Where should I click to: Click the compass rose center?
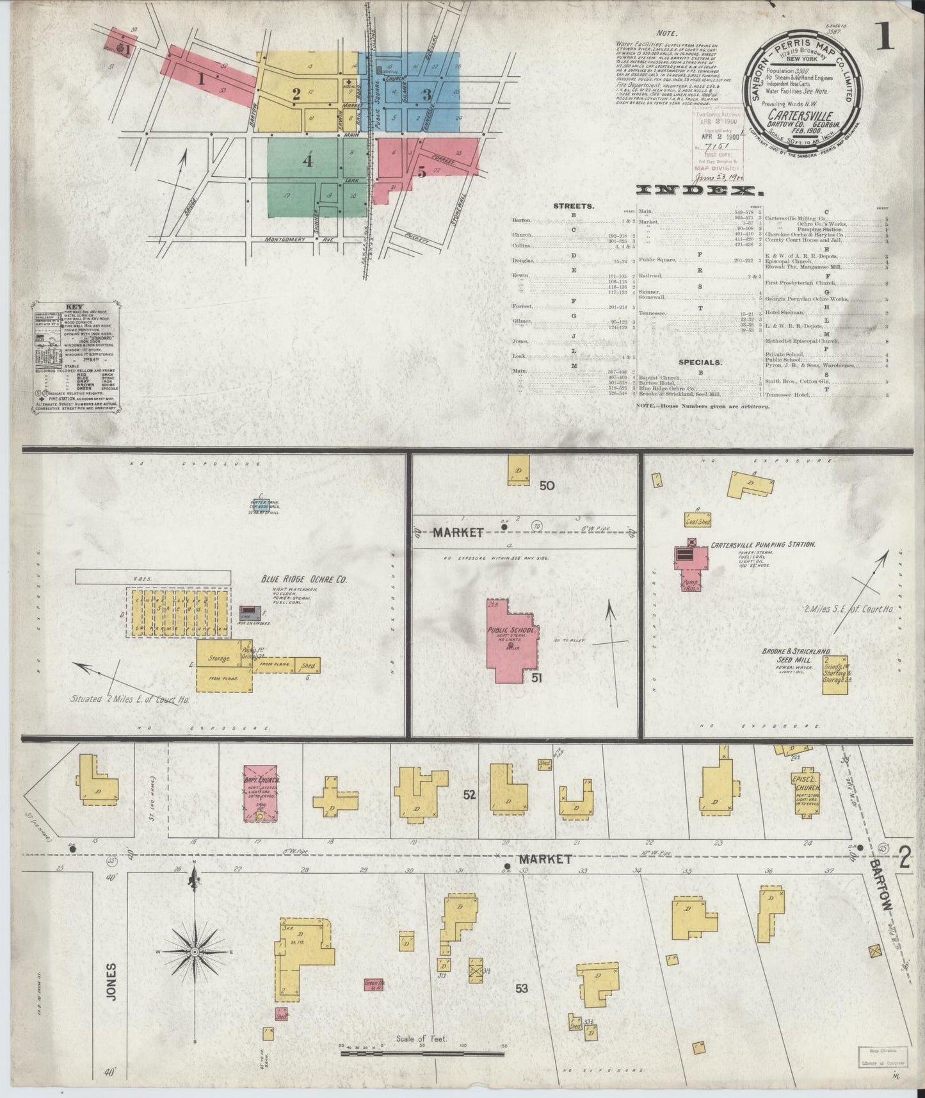pos(194,953)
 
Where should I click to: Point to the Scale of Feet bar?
pos(422,1047)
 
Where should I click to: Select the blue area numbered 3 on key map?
pos(426,94)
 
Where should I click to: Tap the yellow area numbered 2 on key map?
pos(296,94)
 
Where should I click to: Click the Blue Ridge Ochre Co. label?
pos(303,579)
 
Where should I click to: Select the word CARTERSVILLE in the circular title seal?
pos(801,116)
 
